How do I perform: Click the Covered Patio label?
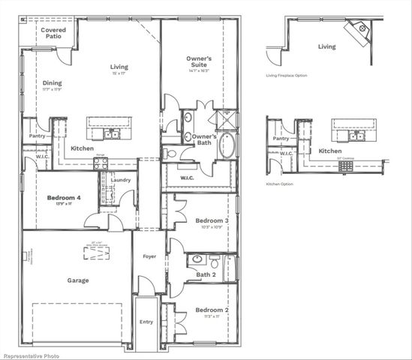click(53, 34)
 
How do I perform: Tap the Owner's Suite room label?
click(199, 62)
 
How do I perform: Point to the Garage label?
click(77, 280)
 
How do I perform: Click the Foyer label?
click(149, 256)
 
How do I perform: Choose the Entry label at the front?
click(146, 322)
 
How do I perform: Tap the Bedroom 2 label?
click(212, 310)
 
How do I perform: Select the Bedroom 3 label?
click(212, 220)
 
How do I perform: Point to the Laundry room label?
click(120, 180)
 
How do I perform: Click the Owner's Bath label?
click(204, 139)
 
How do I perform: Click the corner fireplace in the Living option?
click(358, 31)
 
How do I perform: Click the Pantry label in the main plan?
click(37, 136)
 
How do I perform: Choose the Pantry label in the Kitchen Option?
click(281, 139)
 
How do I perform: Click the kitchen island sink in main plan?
click(110, 135)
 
